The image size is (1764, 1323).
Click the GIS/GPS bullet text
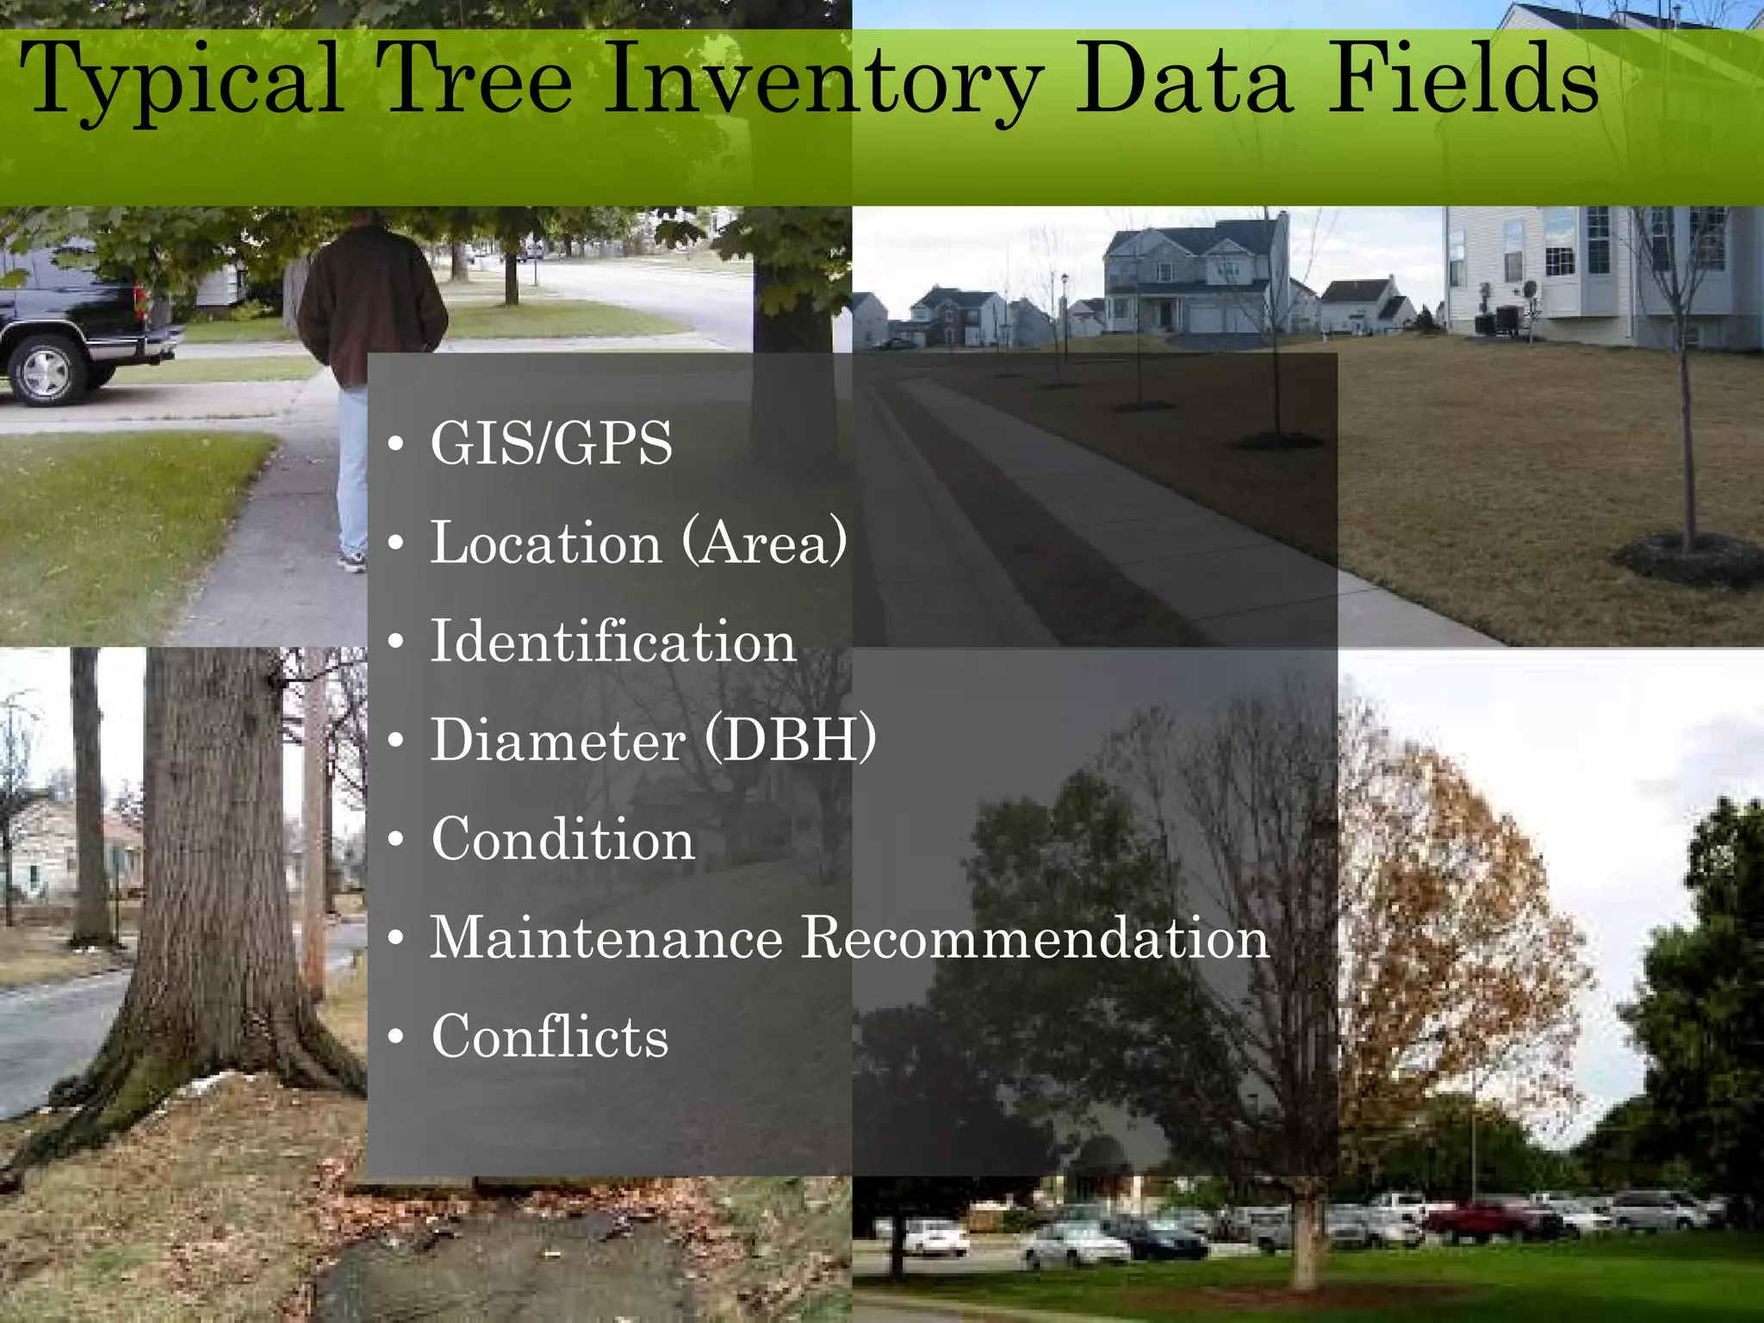coord(551,444)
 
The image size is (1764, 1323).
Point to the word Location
coord(546,543)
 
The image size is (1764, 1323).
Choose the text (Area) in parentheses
coord(765,543)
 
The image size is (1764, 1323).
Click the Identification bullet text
coord(613,642)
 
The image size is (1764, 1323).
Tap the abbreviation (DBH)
coord(791,739)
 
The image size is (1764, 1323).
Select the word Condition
coord(563,839)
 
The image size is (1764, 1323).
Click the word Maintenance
coord(606,937)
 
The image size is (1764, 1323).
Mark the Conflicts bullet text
coord(550,1036)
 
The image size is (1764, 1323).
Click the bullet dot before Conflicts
coord(395,1036)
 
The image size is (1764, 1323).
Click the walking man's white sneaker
coord(351,562)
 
